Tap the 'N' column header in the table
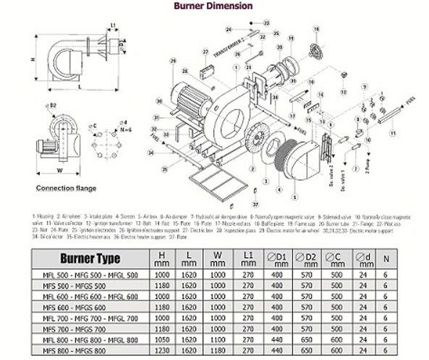[x=386, y=258]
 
